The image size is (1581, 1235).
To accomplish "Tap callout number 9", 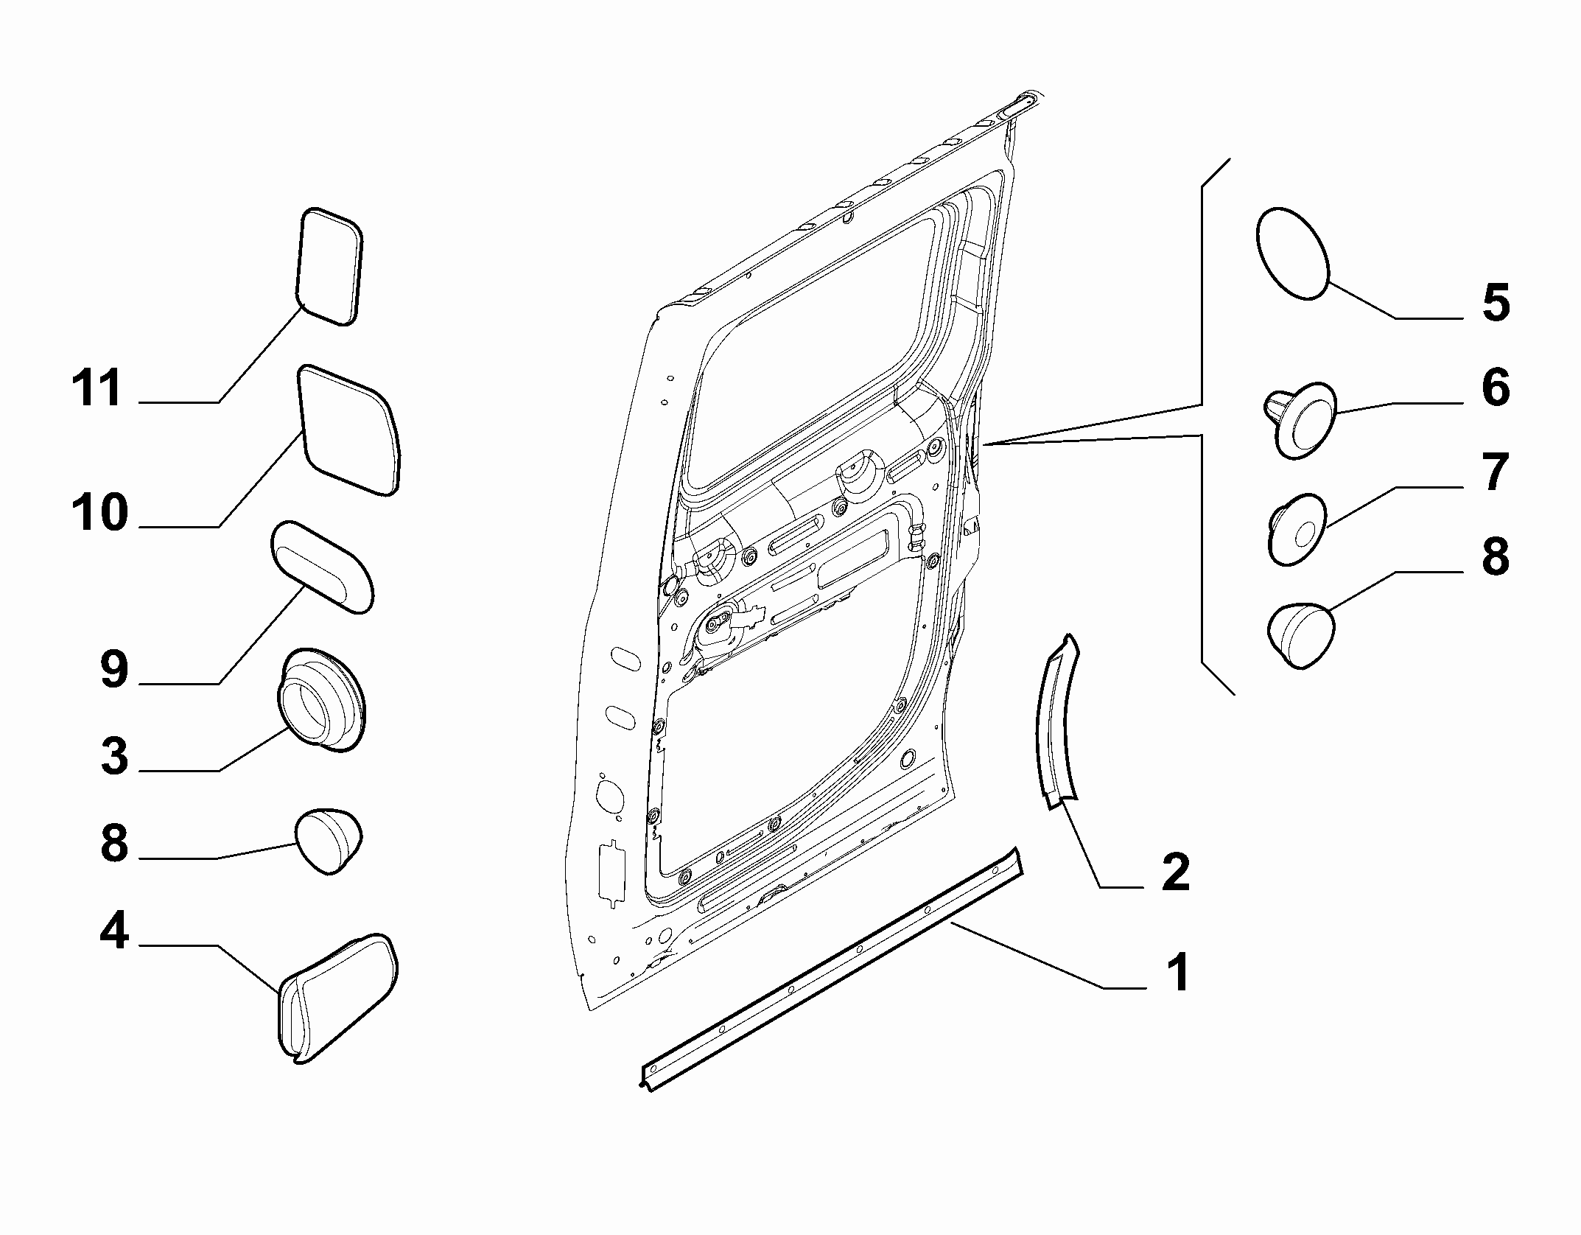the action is tap(114, 669).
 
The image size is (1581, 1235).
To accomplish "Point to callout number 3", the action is tap(114, 756).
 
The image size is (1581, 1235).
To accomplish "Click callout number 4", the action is tap(114, 930).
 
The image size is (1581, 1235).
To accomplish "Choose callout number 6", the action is tap(1496, 388).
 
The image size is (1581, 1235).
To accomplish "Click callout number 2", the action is tap(1175, 872).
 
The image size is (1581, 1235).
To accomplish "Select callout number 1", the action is tap(1179, 972).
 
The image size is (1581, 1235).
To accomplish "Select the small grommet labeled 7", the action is tap(1297, 529).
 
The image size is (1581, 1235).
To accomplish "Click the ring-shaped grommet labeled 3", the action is tap(322, 700).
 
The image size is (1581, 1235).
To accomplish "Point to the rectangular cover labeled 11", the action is tap(331, 266).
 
